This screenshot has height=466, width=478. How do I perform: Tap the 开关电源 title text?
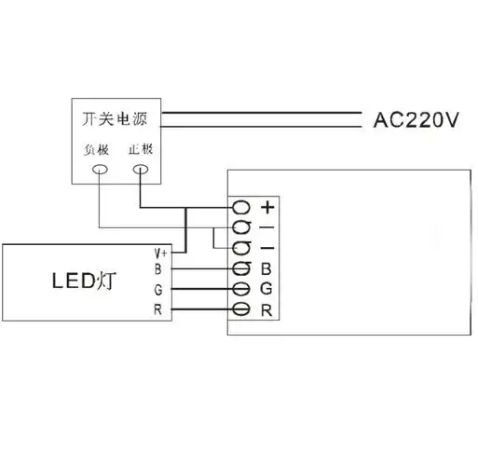[117, 119]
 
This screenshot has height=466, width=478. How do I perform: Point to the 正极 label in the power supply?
[140, 149]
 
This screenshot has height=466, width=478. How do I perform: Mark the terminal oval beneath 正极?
[140, 170]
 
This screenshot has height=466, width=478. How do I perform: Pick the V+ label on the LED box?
[160, 253]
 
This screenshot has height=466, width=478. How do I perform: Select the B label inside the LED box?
[158, 270]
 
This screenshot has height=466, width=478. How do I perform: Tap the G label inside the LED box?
[158, 290]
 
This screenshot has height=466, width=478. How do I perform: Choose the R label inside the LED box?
[158, 309]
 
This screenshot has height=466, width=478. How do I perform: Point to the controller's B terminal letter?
[266, 270]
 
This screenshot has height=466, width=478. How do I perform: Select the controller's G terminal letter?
[266, 290]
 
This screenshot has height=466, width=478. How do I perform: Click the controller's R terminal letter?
[266, 309]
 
